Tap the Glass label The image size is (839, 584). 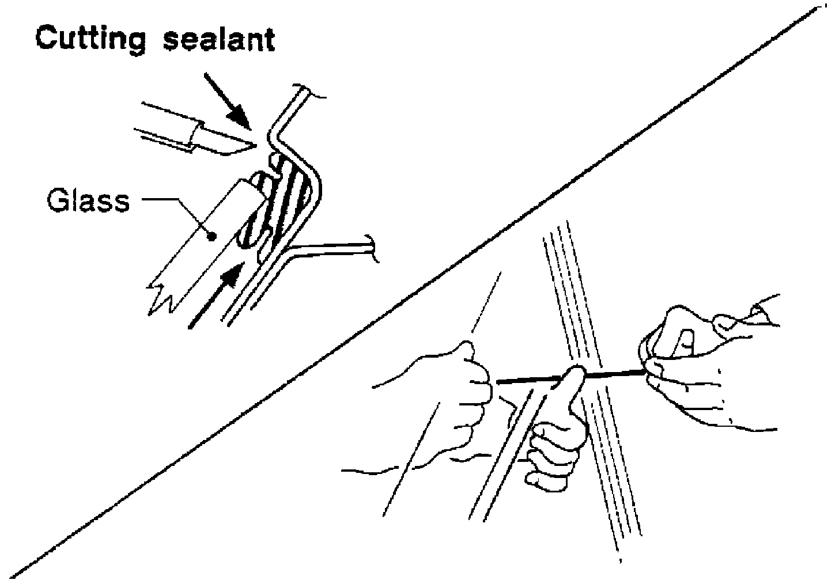[88, 201]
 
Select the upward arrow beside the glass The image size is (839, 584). [216, 294]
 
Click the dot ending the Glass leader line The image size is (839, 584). [211, 235]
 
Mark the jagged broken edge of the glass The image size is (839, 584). [164, 299]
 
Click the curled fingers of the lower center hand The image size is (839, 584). [550, 455]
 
